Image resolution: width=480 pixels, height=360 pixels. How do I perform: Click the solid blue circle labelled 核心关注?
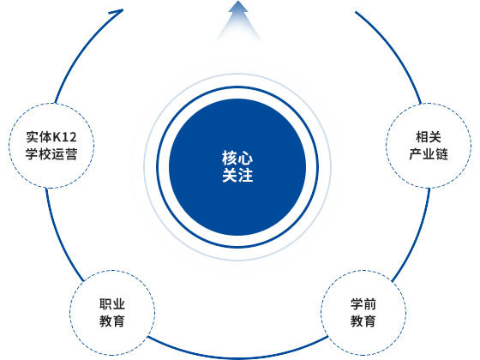pyautogui.click(x=237, y=167)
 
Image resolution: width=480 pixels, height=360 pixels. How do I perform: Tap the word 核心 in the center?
pyautogui.click(x=237, y=158)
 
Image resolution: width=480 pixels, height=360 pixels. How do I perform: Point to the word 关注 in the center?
pyautogui.click(x=237, y=176)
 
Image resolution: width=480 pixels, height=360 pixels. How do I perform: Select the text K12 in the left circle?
pyautogui.click(x=65, y=137)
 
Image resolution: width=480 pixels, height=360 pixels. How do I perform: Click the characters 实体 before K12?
pyautogui.click(x=39, y=137)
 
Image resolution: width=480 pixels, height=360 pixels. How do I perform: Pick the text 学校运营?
pyautogui.click(x=51, y=154)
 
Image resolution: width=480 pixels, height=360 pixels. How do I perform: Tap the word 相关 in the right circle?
pyautogui.click(x=429, y=137)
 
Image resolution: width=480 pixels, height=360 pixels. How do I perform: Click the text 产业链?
pyautogui.click(x=429, y=154)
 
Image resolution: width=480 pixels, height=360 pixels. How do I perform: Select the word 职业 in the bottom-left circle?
pyautogui.click(x=112, y=304)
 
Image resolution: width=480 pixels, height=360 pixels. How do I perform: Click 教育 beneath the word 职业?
pyautogui.click(x=112, y=321)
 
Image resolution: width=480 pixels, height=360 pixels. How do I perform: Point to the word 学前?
pyautogui.click(x=363, y=304)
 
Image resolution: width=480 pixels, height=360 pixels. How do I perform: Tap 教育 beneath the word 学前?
pyautogui.click(x=363, y=321)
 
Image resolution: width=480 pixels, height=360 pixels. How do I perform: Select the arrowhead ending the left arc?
pyautogui.click(x=118, y=12)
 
